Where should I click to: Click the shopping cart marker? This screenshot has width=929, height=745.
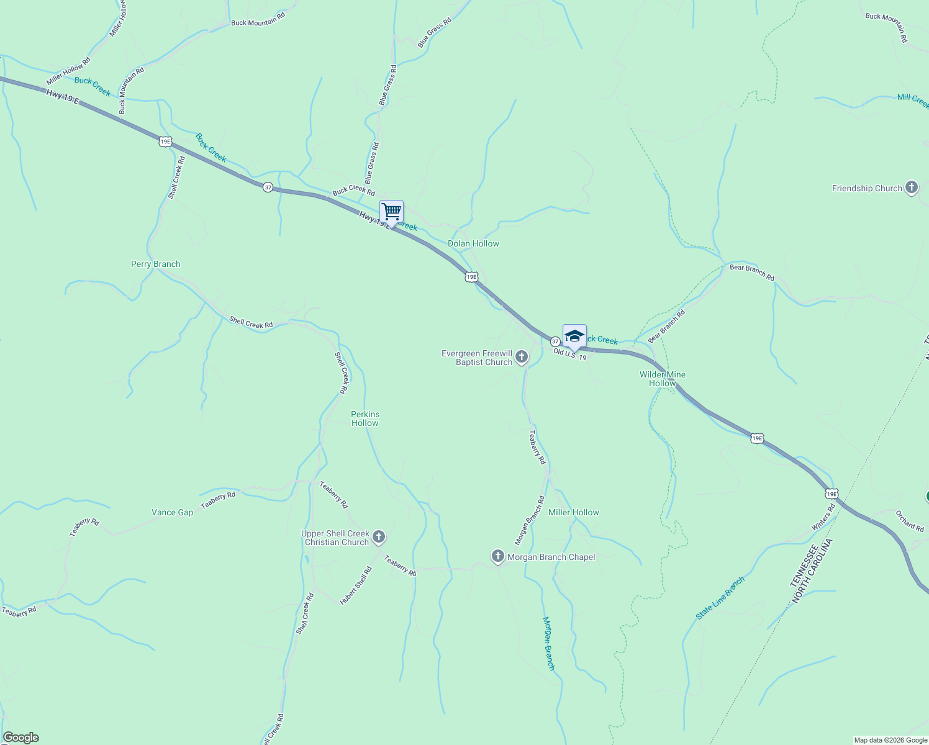[391, 211]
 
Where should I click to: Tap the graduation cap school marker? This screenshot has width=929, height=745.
[574, 336]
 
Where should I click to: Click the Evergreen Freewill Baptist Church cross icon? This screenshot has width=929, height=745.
[522, 356]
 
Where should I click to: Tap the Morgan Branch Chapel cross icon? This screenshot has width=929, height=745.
[497, 556]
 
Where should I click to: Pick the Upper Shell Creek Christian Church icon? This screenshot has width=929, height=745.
[379, 536]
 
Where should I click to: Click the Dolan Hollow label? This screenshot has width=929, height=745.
[473, 243]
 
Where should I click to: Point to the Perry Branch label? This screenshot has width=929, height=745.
[155, 264]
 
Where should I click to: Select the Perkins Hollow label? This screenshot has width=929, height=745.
[365, 418]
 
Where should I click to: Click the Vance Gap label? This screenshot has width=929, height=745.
[172, 512]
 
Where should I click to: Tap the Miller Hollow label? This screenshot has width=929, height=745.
[573, 512]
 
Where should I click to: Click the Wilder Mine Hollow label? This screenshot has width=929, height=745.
[663, 379]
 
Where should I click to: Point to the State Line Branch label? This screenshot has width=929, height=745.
[720, 598]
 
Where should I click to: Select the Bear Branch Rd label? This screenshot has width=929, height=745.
[752, 273]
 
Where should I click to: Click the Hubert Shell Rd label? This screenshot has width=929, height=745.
[356, 585]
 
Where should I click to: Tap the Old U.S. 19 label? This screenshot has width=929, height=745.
[569, 354]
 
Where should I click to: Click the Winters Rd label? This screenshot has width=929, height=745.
[824, 517]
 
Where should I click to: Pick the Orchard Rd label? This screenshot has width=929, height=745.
[910, 521]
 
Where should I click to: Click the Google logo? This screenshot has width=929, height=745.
[20, 738]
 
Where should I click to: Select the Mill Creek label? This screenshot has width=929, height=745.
[912, 100]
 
